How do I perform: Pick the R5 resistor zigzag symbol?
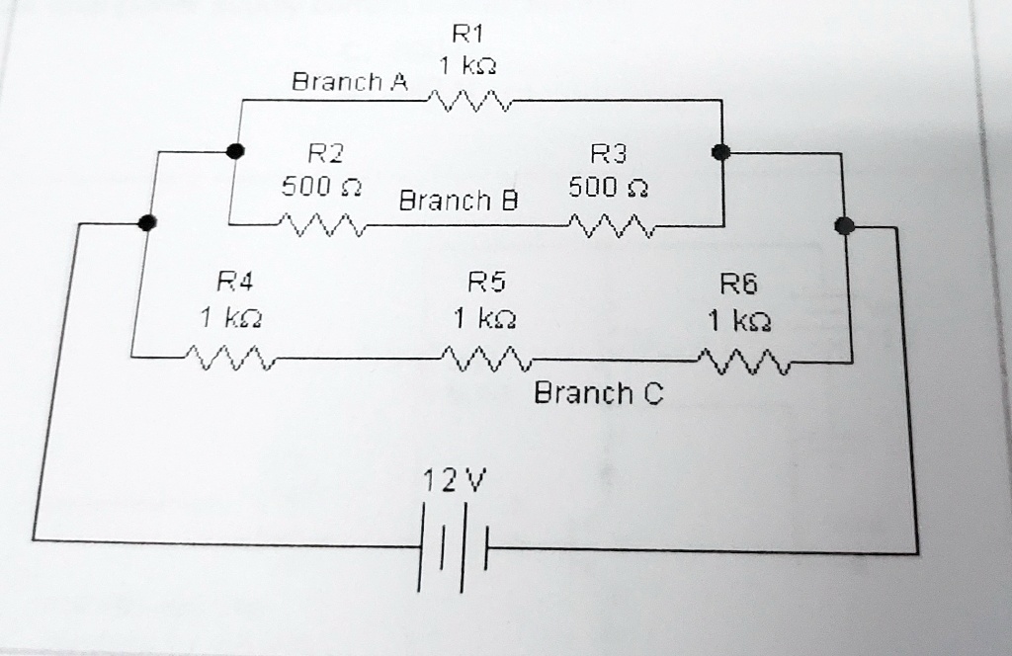pos(485,359)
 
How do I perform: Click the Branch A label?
pos(349,81)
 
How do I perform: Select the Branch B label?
pos(458,202)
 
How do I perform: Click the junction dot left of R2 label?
pos(234,151)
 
